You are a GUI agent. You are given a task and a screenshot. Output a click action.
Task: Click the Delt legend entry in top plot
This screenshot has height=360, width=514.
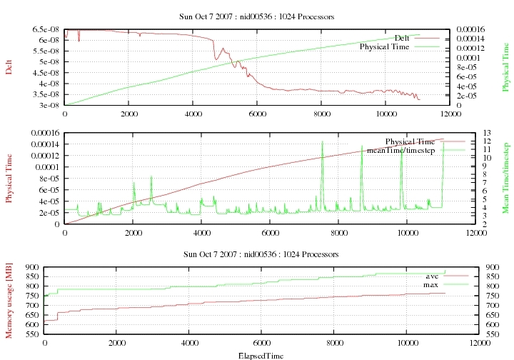coord(403,37)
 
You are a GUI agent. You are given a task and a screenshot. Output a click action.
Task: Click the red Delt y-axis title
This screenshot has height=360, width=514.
coord(9,67)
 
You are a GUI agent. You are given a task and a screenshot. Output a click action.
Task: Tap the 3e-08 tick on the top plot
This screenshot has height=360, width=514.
coord(48,105)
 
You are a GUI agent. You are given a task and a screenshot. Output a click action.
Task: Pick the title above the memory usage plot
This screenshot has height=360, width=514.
coord(256,254)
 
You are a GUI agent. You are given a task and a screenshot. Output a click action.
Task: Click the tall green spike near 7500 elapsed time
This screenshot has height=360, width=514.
coord(322,143)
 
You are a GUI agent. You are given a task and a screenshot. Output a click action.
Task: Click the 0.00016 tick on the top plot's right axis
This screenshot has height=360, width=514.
coord(472,29)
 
